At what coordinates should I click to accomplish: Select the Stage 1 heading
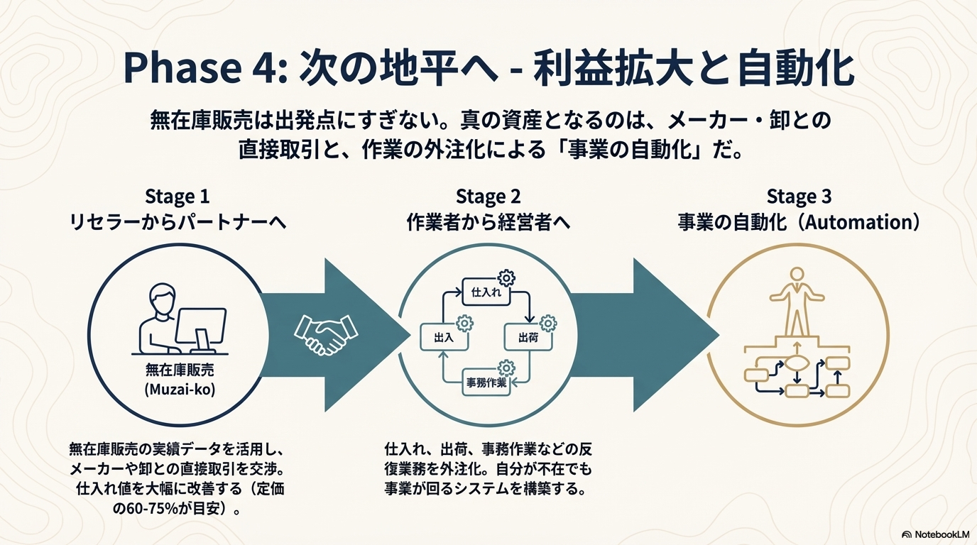177,196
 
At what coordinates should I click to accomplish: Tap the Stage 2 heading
488,196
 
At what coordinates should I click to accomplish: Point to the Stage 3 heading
799,196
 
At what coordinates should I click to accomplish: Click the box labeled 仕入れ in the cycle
486,292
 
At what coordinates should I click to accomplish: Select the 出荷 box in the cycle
527,337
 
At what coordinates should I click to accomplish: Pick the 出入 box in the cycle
444,338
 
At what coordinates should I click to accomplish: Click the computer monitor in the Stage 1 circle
200,328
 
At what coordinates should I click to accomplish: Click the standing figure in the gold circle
797,298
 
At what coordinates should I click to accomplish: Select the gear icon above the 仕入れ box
508,277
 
